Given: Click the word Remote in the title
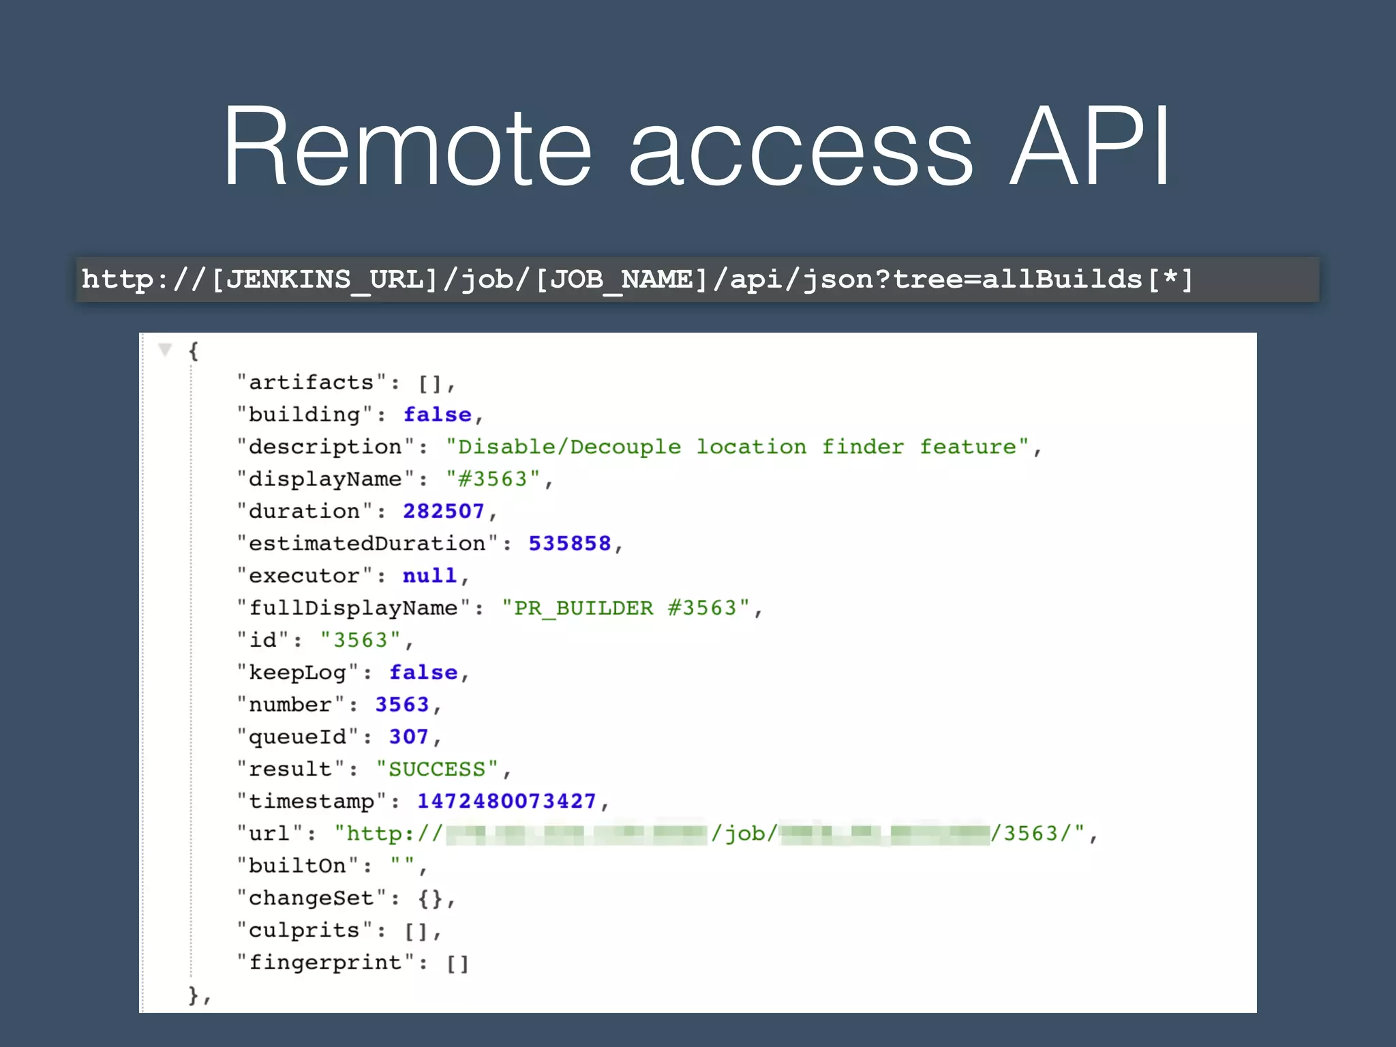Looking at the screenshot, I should [x=407, y=147].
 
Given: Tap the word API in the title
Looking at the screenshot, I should [x=1089, y=147].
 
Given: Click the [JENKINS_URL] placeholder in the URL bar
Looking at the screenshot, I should [x=324, y=279].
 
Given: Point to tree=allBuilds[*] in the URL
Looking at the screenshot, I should [x=1043, y=279].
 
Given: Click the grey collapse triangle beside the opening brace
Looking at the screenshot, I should [x=165, y=350].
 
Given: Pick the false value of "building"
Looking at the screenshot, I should [x=437, y=414].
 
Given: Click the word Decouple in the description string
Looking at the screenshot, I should [x=625, y=447].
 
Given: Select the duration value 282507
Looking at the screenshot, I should [x=443, y=511].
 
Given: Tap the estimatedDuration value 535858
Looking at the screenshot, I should [x=569, y=543].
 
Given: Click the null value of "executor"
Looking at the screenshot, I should [x=429, y=576].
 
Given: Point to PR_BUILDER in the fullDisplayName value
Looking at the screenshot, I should [x=583, y=608].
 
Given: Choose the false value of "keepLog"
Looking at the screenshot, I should [x=423, y=673].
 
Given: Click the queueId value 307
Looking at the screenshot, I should [x=408, y=737].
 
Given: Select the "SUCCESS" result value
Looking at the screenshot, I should [x=437, y=770].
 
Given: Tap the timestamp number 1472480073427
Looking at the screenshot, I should [x=506, y=802].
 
